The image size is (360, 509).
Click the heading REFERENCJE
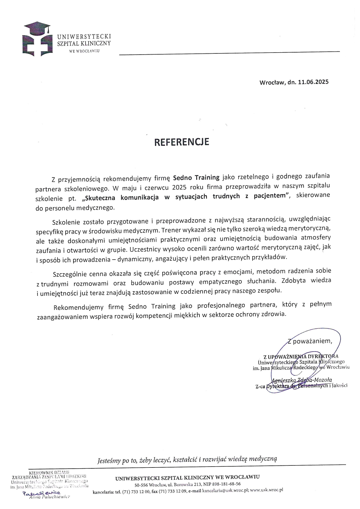coord(182,142)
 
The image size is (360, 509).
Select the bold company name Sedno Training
coord(196,177)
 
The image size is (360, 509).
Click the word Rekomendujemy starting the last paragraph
coord(75,307)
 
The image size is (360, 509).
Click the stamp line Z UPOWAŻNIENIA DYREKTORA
coord(300,356)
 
